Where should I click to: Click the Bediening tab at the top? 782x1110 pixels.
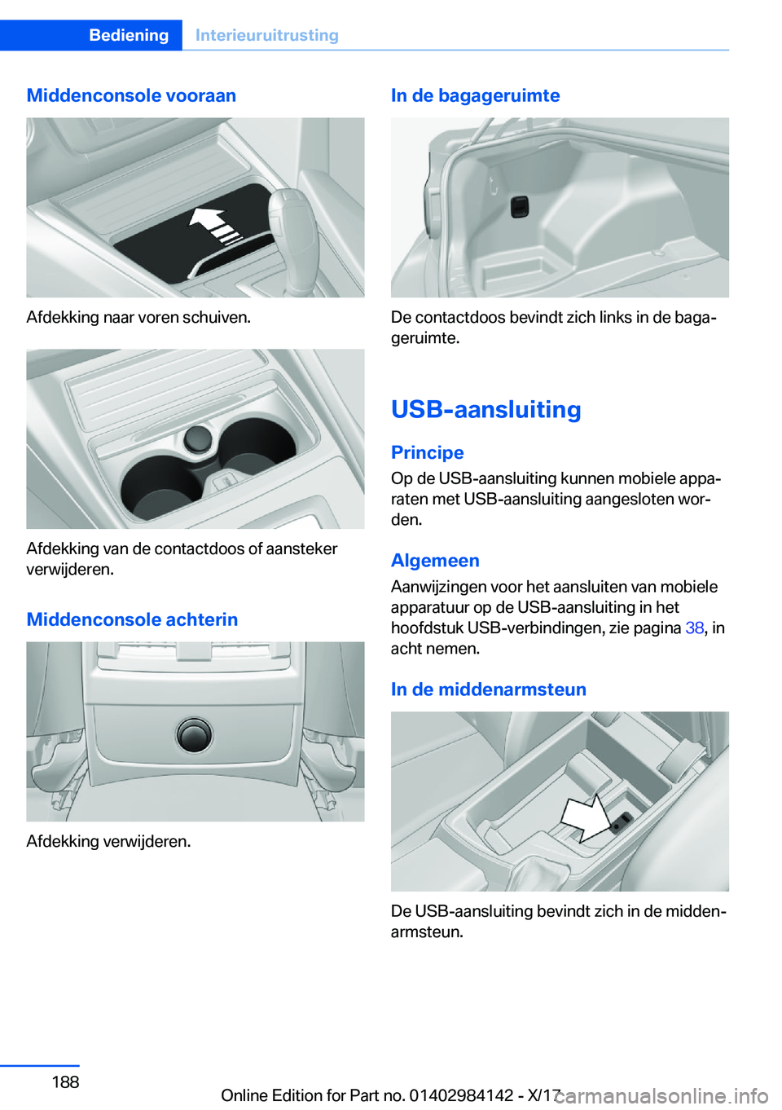coord(129,35)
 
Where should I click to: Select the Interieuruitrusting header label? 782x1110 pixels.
coord(266,35)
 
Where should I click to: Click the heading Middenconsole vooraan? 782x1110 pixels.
coord(131,95)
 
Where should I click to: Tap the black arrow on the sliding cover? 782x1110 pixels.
coord(213,225)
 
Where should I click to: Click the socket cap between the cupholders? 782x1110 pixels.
coord(197,439)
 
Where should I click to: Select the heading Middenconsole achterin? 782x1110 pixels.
coord(132,619)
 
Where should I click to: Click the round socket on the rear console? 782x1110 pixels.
coord(195,734)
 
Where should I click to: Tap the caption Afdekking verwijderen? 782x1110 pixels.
coord(108,841)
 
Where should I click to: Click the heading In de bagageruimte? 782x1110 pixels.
coord(475,95)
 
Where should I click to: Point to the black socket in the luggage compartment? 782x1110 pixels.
coord(520,207)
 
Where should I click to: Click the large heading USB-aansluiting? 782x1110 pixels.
coord(485,409)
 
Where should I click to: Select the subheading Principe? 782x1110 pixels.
coord(427,452)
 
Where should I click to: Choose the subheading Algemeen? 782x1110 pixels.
coord(435,561)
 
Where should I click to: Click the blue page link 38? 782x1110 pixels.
coord(694,628)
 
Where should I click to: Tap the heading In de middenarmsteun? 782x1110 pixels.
coord(488,689)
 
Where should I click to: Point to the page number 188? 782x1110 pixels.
coord(65,1082)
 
